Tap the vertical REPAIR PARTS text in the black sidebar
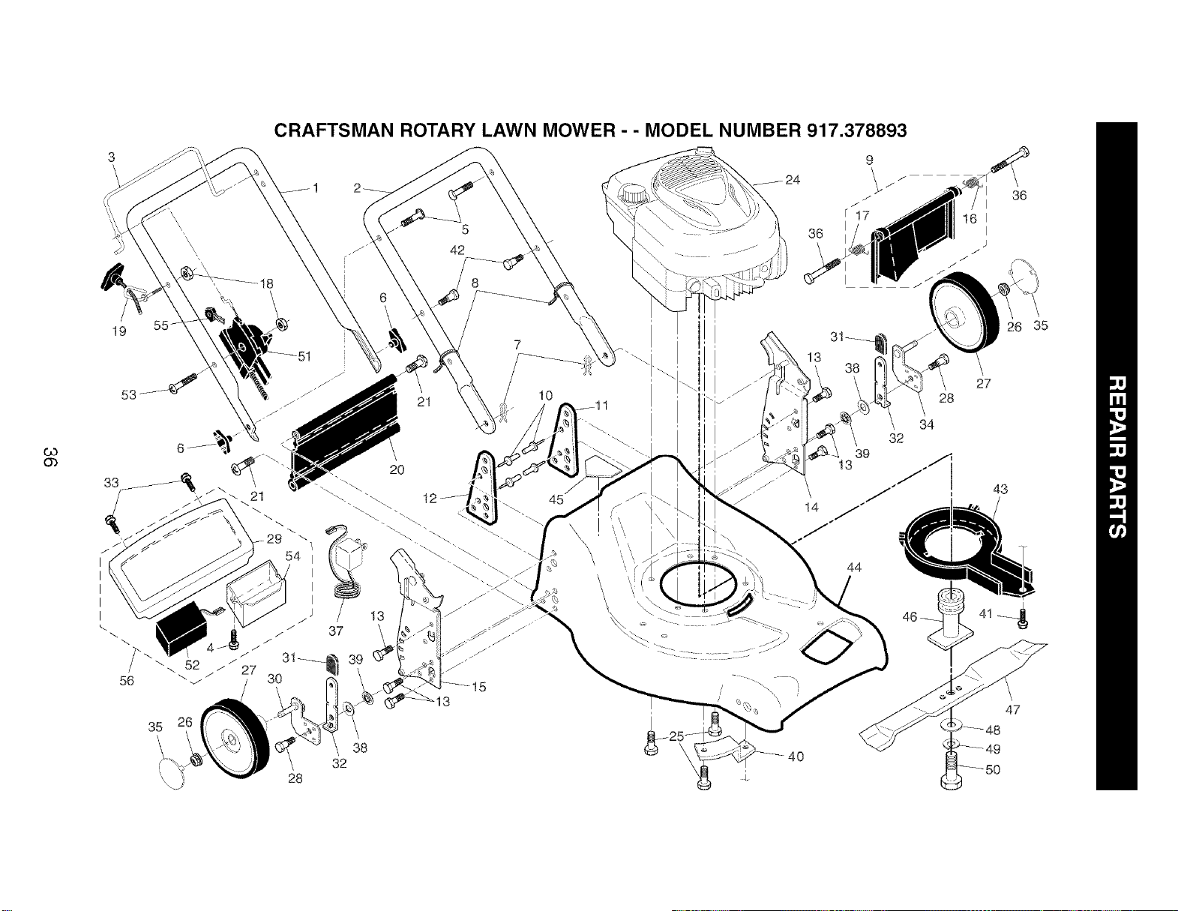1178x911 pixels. point(1117,456)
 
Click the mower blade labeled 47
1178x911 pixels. point(954,695)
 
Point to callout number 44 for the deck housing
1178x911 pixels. point(854,568)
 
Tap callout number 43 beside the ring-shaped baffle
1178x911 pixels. point(1000,489)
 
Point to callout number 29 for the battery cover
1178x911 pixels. point(275,538)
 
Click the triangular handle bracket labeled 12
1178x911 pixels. point(482,488)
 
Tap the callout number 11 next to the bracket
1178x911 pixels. point(601,405)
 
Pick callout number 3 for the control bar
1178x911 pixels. point(112,157)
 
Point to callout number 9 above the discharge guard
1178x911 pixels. point(870,160)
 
